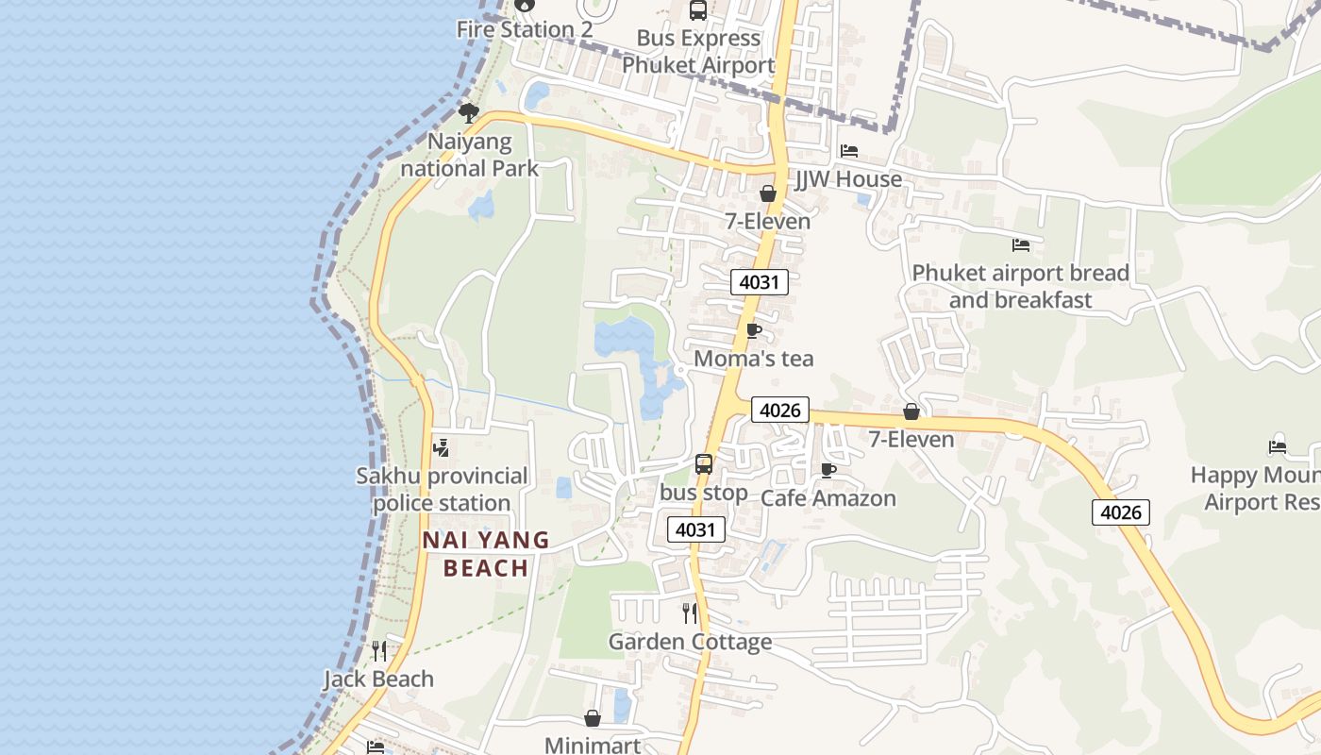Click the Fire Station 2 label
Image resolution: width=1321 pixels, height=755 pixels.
[524, 29]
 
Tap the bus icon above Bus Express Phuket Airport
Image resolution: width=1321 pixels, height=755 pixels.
[698, 10]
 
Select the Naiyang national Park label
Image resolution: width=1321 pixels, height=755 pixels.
[469, 156]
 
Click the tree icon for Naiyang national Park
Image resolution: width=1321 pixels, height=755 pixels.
[468, 113]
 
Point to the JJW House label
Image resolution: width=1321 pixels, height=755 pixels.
[848, 179]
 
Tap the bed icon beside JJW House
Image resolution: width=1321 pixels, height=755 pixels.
[849, 151]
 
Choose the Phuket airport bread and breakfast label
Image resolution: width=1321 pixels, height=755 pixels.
[1020, 286]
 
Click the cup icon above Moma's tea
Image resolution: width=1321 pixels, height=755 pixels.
[753, 330]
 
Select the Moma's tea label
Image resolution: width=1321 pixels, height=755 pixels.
[753, 359]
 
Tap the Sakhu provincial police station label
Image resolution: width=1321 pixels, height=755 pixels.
[442, 489]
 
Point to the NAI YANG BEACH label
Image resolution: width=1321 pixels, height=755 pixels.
[486, 554]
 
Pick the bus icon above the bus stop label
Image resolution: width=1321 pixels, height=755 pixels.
[704, 463]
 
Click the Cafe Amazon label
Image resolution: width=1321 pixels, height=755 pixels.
[828, 498]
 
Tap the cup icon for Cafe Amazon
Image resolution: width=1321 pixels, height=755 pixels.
[828, 470]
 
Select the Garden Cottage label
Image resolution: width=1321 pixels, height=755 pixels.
[690, 642]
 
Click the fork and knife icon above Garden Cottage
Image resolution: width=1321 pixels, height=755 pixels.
[690, 613]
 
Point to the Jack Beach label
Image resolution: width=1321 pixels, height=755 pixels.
[378, 679]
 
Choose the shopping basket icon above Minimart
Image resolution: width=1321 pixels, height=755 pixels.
[593, 718]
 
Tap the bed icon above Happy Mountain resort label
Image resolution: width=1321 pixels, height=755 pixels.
[1278, 446]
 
